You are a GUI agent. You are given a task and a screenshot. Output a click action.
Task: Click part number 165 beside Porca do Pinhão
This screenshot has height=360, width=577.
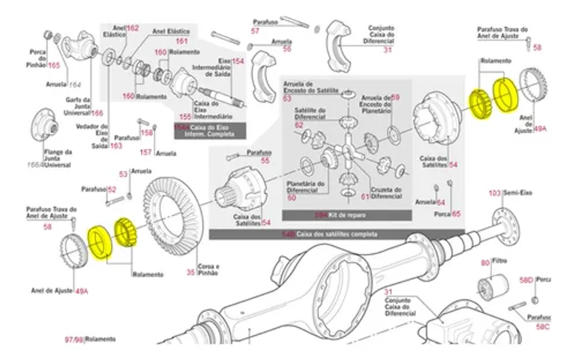(x=54, y=65)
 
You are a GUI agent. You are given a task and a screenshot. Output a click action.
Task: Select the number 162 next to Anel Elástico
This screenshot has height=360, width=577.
(x=133, y=28)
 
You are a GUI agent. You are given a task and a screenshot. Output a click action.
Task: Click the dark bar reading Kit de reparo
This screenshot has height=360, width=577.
(x=347, y=215)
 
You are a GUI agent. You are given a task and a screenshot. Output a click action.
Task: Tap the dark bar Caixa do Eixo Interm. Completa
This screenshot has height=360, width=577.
(x=210, y=130)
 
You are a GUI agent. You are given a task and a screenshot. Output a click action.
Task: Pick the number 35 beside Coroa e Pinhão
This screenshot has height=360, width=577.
(x=191, y=272)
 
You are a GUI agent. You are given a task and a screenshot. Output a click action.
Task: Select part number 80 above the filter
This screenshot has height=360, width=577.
(x=485, y=263)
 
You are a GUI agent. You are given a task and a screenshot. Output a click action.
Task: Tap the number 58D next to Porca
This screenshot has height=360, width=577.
(x=526, y=280)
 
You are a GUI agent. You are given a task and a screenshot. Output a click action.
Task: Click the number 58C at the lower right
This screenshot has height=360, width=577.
(x=542, y=327)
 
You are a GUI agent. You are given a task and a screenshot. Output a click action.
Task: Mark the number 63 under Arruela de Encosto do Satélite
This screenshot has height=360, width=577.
(x=287, y=99)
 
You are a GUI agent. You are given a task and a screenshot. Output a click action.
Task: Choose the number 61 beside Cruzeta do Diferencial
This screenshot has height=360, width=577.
(x=365, y=197)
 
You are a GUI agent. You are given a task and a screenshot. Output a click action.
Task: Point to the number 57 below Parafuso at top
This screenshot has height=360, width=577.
(x=255, y=31)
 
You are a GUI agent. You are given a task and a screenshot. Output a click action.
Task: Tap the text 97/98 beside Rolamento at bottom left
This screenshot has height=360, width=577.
(x=74, y=340)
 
